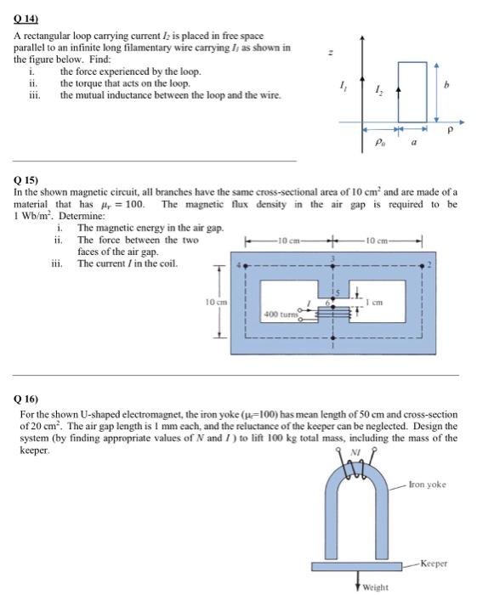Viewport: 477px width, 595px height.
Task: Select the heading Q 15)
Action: click(26, 181)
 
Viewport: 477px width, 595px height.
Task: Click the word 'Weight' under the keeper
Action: click(376, 586)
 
